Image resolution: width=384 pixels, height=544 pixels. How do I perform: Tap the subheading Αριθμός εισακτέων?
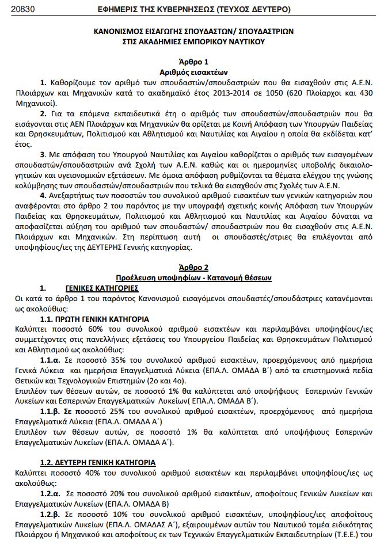[192, 72]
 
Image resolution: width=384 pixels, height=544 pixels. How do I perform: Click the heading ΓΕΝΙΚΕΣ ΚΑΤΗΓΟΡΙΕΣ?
[101, 287]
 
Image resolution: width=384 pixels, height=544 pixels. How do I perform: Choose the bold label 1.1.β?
[50, 412]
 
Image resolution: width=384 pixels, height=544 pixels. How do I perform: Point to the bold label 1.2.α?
[50, 493]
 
